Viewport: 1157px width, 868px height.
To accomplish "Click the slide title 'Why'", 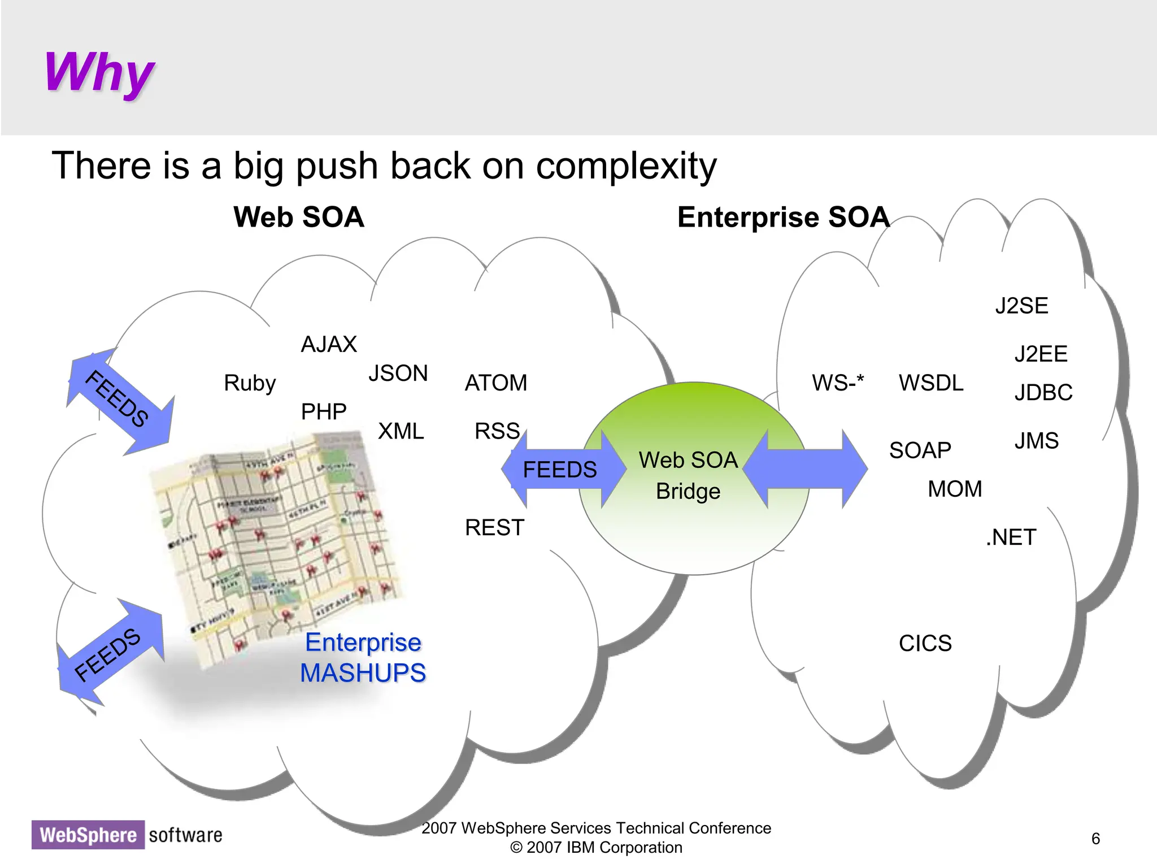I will tap(99, 72).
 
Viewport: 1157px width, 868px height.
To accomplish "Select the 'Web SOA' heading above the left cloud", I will tap(298, 218).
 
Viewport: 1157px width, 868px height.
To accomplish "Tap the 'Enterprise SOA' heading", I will tap(783, 218).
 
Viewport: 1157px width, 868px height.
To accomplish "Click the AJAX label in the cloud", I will tap(329, 344).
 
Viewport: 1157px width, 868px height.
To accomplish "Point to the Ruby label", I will tap(250, 383).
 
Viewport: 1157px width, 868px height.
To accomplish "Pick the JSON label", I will tap(398, 374).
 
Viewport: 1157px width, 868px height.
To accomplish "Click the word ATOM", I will tap(495, 383).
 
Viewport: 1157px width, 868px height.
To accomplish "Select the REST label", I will tap(494, 528).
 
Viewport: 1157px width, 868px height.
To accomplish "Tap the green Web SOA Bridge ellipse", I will tap(694, 526).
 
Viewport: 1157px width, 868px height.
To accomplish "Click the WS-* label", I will tap(838, 383).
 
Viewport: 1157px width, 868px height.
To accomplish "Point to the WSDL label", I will tap(931, 383).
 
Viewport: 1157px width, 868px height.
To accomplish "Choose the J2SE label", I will tap(1021, 306).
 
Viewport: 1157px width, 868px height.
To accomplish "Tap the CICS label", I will tap(925, 644).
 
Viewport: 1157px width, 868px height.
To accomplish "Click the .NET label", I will tap(1011, 537).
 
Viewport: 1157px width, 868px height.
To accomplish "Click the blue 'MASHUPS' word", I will tap(363, 673).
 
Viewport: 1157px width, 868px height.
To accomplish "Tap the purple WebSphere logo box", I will tap(88, 835).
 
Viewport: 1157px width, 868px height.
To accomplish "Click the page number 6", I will tap(1095, 839).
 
